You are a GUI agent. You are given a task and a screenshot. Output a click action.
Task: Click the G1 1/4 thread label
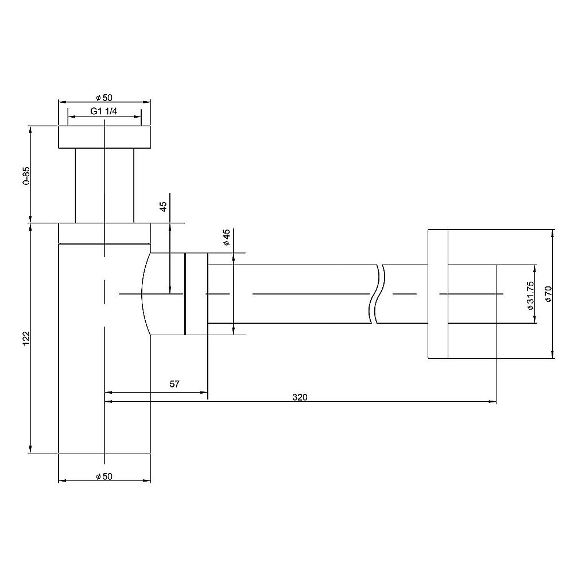[103, 111]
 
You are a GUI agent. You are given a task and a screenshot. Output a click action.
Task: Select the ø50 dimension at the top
[104, 98]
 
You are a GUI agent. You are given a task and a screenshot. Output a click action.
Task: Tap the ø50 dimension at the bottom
[104, 476]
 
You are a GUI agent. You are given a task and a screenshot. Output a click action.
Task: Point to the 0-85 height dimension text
[26, 176]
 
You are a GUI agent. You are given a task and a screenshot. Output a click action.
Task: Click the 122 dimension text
[26, 338]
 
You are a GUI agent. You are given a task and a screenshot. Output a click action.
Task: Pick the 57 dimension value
[174, 383]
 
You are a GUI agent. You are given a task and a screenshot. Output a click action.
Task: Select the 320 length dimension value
[300, 397]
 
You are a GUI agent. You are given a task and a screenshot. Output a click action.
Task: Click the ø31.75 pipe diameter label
[530, 296]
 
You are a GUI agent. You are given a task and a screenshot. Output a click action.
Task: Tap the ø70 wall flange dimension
[548, 294]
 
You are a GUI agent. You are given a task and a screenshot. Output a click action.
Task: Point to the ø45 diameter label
[226, 237]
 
